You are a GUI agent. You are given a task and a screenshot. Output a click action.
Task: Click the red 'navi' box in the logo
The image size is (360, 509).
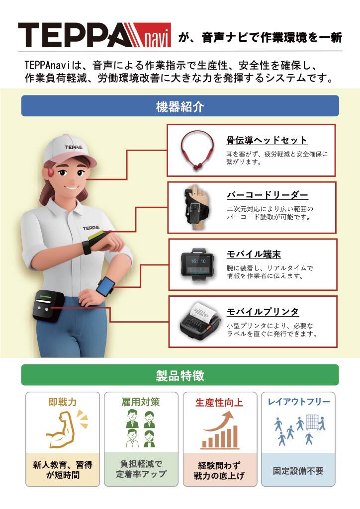155,35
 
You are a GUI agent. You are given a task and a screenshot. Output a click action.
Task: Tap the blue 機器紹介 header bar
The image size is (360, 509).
180,106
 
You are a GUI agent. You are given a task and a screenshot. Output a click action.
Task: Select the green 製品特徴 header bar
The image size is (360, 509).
180,375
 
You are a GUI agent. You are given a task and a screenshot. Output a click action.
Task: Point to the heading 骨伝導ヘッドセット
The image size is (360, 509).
267,140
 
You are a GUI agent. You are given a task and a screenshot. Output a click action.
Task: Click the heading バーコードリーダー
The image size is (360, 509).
267,195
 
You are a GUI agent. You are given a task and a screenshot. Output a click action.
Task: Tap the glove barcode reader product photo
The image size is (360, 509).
197,207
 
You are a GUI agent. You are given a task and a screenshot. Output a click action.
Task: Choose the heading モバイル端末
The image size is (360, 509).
254,254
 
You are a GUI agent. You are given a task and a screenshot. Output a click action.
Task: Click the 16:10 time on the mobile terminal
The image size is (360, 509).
198,261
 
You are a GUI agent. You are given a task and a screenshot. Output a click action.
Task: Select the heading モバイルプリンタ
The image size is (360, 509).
263,312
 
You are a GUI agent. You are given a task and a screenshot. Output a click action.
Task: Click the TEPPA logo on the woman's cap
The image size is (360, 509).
74,147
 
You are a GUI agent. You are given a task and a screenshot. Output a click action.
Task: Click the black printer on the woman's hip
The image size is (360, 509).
47,306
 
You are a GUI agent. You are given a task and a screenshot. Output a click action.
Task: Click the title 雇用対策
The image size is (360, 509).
141,402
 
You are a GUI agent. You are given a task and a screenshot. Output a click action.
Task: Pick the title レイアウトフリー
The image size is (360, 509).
299,402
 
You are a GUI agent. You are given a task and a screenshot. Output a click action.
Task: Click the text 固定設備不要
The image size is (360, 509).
298,471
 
